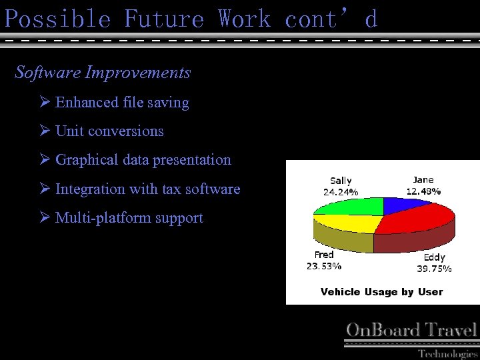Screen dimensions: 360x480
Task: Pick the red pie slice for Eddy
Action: click(417, 223)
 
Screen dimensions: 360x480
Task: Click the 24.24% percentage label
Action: click(341, 192)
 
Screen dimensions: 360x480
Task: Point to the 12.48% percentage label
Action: click(423, 191)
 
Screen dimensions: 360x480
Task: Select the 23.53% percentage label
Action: click(324, 266)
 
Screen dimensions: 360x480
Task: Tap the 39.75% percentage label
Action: click(434, 269)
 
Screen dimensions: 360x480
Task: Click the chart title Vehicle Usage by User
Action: click(381, 292)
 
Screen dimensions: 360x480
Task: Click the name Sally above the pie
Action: click(341, 181)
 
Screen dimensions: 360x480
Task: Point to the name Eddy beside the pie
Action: click(434, 257)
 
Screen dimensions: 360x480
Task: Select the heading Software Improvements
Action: click(103, 72)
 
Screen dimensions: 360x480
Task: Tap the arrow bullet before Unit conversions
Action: click(45, 131)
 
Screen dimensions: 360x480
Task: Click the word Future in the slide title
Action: click(164, 19)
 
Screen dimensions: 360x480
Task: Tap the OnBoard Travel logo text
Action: click(411, 329)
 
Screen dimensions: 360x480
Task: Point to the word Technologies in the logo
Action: click(447, 353)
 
